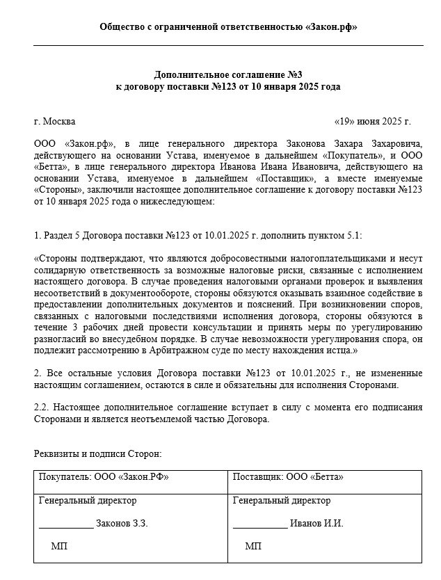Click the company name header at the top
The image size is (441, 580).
(x=229, y=27)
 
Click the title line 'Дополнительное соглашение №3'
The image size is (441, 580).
(x=228, y=74)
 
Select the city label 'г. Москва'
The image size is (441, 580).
(x=55, y=121)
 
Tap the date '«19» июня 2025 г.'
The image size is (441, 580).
(x=372, y=121)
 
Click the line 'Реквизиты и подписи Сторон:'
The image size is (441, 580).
(x=97, y=453)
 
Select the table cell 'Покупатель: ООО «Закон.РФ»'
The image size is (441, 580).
(x=104, y=477)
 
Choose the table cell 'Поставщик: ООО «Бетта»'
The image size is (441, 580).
(x=288, y=477)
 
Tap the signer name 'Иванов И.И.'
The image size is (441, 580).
(x=316, y=523)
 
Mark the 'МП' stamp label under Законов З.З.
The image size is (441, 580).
(x=59, y=546)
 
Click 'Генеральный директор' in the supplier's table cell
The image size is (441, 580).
(x=282, y=500)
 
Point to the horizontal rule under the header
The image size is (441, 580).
(x=228, y=45)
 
